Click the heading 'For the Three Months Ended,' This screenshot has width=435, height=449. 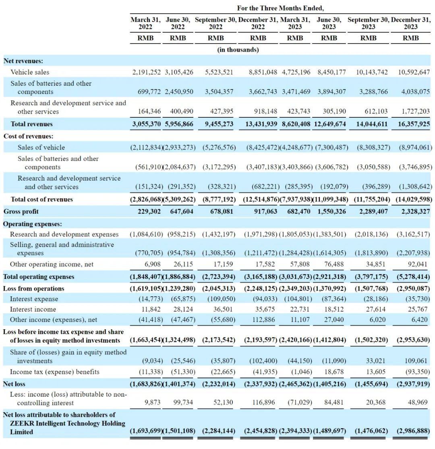click(280, 8)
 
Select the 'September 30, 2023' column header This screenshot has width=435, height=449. click(368, 23)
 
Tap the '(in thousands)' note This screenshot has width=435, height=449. click(238, 50)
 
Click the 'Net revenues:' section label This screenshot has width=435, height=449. click(23, 61)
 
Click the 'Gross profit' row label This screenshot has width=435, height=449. click(21, 211)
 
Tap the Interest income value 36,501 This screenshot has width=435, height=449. click(219, 309)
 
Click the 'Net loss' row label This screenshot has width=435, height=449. click(14, 384)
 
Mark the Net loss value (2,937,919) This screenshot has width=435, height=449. click(410, 384)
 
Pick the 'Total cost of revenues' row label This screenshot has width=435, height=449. click(41, 199)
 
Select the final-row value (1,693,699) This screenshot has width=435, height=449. click(146, 431)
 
